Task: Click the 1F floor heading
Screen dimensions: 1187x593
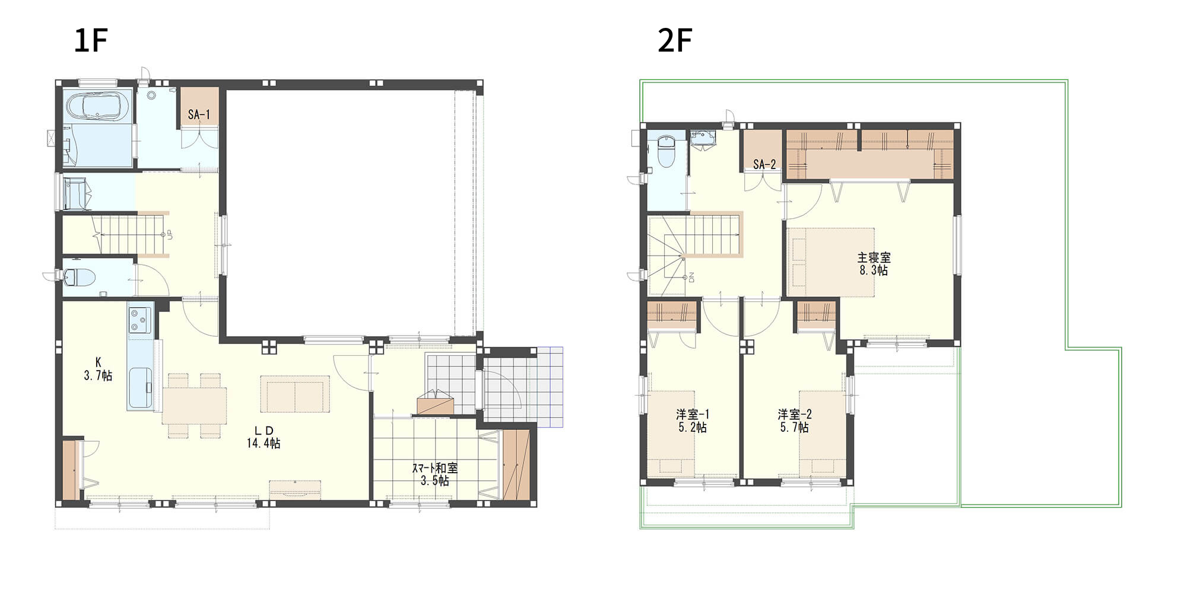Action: [x=90, y=40]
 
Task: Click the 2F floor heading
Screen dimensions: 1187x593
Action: [x=675, y=40]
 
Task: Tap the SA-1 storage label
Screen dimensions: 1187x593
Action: [x=199, y=114]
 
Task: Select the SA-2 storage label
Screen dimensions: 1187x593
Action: [x=764, y=164]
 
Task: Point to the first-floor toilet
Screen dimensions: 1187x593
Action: [x=81, y=278]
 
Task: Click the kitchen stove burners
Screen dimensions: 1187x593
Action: [x=140, y=320]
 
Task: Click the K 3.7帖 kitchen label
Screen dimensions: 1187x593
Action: [x=98, y=369]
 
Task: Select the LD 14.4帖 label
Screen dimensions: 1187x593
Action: [x=264, y=437]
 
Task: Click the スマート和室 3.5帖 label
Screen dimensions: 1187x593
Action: [x=434, y=474]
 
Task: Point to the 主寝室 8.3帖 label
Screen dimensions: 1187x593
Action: [x=874, y=264]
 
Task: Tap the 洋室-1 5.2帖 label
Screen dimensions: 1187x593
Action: [x=693, y=420]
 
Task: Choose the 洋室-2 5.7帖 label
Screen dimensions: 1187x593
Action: [x=794, y=420]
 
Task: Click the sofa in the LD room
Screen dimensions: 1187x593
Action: [x=295, y=394]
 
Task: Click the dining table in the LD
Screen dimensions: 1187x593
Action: [x=194, y=406]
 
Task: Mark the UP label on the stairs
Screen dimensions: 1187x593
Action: [x=170, y=234]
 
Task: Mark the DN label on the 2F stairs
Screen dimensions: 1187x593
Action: [x=691, y=277]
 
